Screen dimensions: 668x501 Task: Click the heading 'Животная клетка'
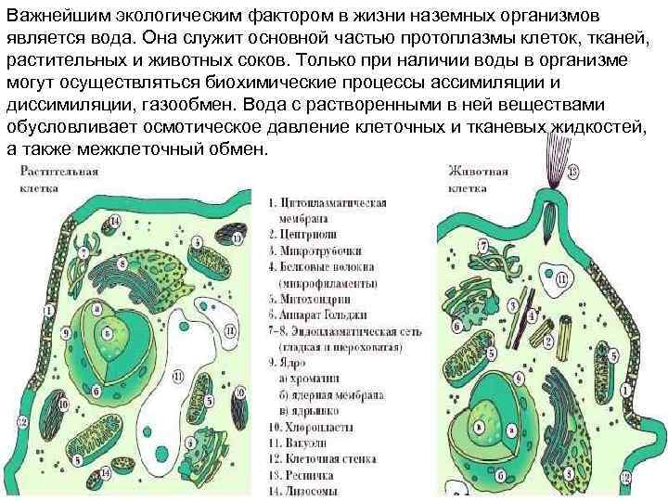[x=478, y=177]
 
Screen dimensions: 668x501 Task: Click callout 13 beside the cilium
[x=572, y=172]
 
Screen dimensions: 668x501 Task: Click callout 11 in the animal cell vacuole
[x=561, y=277]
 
